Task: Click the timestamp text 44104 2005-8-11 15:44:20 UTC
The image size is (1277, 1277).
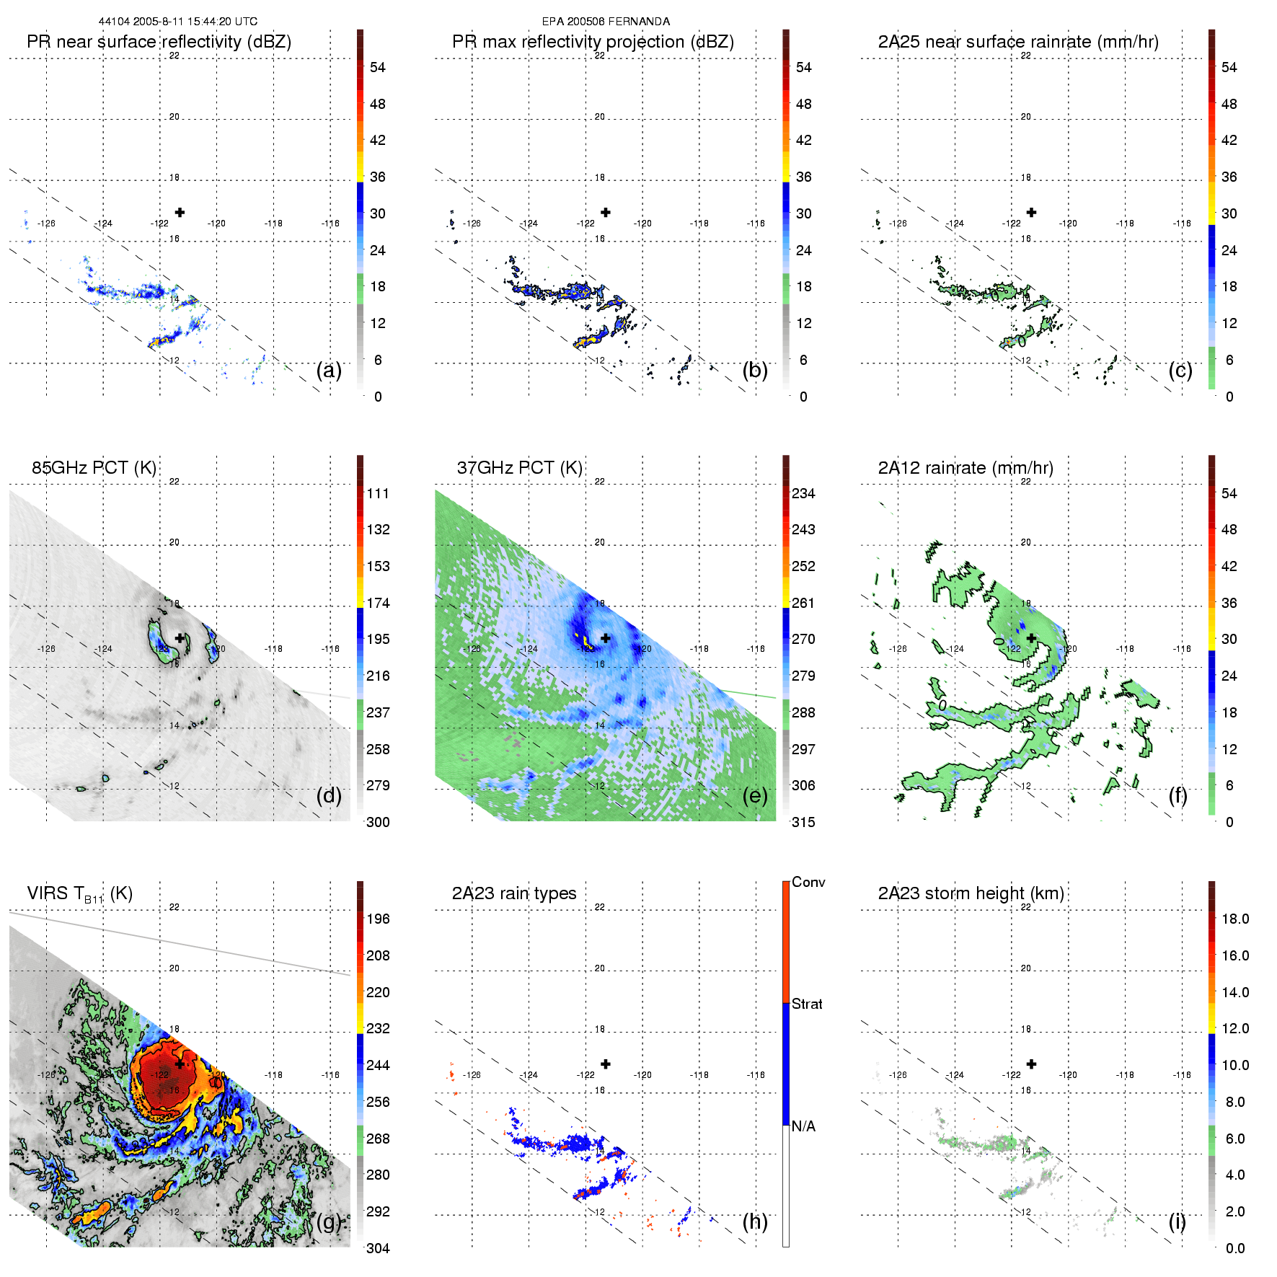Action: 177,22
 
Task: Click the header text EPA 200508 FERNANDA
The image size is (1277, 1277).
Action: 606,22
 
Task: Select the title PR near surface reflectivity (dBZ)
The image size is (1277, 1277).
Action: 159,42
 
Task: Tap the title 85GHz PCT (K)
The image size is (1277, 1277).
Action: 94,468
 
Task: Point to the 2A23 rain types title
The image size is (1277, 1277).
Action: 513,893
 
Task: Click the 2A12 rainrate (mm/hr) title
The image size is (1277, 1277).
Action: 966,468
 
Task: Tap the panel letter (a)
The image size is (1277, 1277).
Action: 329,371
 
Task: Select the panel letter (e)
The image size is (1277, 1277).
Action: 755,796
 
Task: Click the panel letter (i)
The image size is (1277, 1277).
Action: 1177,1221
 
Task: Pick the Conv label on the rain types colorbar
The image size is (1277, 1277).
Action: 808,882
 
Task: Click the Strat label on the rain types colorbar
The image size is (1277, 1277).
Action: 807,1004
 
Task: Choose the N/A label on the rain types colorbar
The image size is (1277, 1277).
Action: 803,1126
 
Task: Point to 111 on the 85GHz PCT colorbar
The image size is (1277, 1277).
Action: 378,493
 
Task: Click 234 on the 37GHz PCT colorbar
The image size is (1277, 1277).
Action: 803,493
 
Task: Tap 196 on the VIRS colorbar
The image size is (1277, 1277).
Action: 378,919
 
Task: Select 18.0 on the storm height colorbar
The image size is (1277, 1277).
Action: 1235,919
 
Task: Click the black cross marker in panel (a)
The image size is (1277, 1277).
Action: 180,212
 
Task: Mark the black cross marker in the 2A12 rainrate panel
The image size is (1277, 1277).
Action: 1031,638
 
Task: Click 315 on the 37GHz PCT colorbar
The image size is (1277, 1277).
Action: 803,822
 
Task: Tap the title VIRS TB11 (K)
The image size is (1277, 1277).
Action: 79,894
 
